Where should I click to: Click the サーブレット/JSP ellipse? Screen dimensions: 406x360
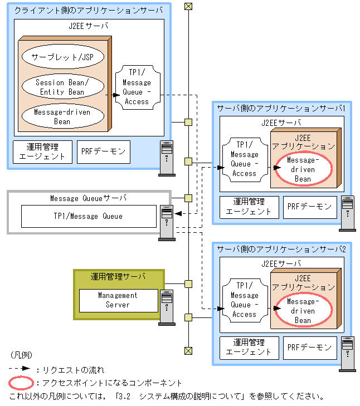tap(62, 57)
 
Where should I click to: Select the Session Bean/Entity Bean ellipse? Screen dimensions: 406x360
tap(62, 87)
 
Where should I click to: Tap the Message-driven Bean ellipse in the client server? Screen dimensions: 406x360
tap(62, 116)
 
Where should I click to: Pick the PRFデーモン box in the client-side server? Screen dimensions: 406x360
tap(103, 151)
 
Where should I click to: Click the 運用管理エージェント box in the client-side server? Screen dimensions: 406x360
tap(42, 151)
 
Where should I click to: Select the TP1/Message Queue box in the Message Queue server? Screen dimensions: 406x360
tap(89, 216)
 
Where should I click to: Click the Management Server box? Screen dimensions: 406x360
tap(118, 300)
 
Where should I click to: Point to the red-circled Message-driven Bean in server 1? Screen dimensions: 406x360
tap(303, 169)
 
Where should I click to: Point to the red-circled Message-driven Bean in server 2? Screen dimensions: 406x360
tap(303, 311)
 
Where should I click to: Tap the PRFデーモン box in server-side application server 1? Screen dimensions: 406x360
tap(310, 207)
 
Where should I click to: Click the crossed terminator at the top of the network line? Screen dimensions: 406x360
tap(188, 6)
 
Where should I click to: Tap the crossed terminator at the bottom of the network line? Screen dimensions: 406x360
tap(188, 350)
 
